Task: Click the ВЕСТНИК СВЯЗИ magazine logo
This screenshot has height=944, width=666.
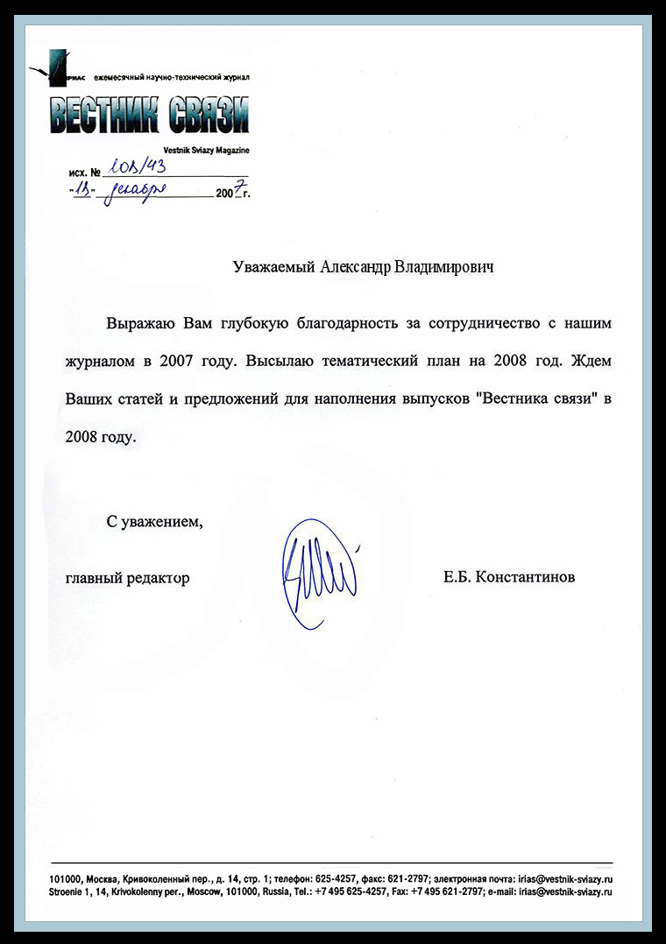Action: click(148, 114)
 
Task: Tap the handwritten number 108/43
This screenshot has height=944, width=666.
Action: click(134, 169)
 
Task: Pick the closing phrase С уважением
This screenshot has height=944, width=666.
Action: click(154, 523)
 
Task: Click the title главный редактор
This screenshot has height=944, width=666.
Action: click(127, 578)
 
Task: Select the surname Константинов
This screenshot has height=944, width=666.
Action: click(524, 578)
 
